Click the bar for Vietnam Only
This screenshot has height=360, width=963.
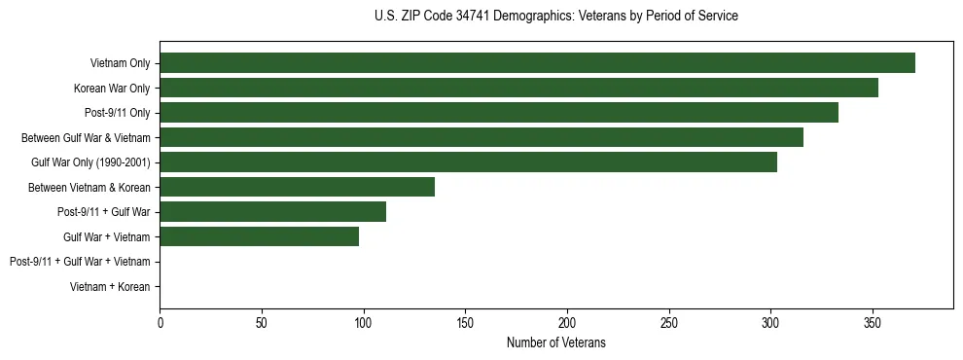click(x=537, y=63)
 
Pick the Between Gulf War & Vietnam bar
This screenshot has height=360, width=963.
click(x=481, y=137)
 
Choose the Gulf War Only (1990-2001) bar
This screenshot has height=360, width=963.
click(x=468, y=162)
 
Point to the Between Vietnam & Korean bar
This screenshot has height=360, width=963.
click(x=297, y=187)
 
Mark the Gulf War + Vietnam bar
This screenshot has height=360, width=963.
click(x=259, y=236)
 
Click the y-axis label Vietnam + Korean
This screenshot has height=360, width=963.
click(x=110, y=287)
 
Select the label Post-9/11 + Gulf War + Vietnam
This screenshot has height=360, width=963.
click(x=80, y=262)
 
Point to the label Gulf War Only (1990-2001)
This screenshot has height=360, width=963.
click(x=90, y=162)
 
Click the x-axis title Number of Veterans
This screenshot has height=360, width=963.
click(x=555, y=342)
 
